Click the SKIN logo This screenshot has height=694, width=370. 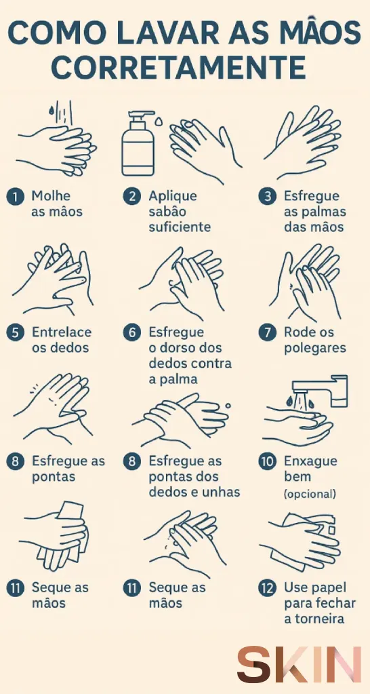[298, 665]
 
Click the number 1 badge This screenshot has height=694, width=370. [16, 197]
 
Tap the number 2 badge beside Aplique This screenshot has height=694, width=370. [131, 197]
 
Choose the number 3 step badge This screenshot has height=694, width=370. [267, 197]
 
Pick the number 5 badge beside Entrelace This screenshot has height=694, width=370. [16, 332]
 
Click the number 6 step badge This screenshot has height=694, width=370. [131, 332]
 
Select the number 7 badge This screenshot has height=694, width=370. [267, 332]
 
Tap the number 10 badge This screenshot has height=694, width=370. [267, 461]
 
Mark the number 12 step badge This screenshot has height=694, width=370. [267, 589]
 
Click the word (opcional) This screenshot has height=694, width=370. [310, 494]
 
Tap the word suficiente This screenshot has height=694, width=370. [180, 227]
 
